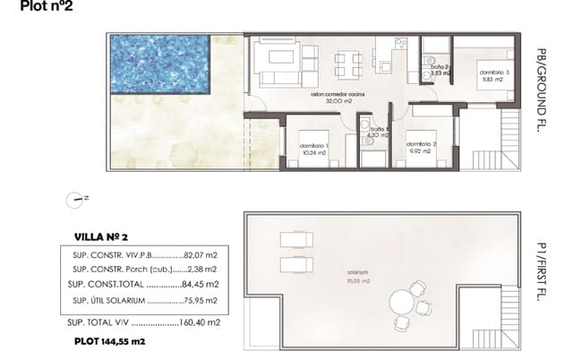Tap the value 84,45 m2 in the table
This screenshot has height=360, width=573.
(205, 285)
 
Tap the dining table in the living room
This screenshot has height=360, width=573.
(348, 64)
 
